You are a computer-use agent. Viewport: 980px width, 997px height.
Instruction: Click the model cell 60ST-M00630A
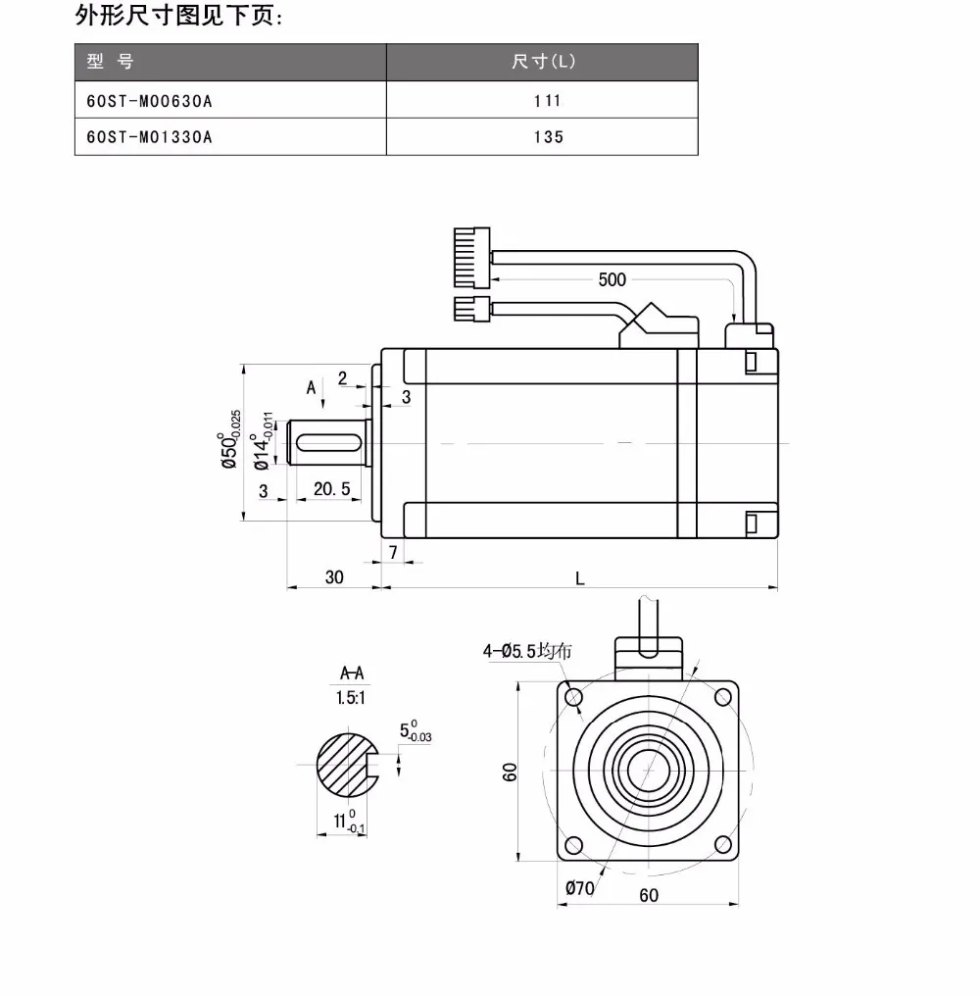click(x=149, y=101)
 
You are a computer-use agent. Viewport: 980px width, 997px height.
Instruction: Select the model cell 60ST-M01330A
click(x=149, y=137)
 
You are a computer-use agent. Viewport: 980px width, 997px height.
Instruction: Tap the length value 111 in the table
click(x=547, y=101)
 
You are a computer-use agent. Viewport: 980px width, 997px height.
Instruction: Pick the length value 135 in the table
click(x=549, y=137)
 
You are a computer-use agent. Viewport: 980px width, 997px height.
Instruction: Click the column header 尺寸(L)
click(x=543, y=62)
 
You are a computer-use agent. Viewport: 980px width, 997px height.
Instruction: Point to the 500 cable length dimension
click(x=612, y=279)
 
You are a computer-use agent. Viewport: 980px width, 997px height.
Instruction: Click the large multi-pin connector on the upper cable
click(x=472, y=258)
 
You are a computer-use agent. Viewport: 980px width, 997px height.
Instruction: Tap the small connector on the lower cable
click(x=472, y=309)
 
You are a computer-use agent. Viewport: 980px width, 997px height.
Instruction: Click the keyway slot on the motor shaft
click(x=329, y=442)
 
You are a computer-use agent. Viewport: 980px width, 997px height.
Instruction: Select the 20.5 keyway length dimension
click(x=332, y=489)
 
